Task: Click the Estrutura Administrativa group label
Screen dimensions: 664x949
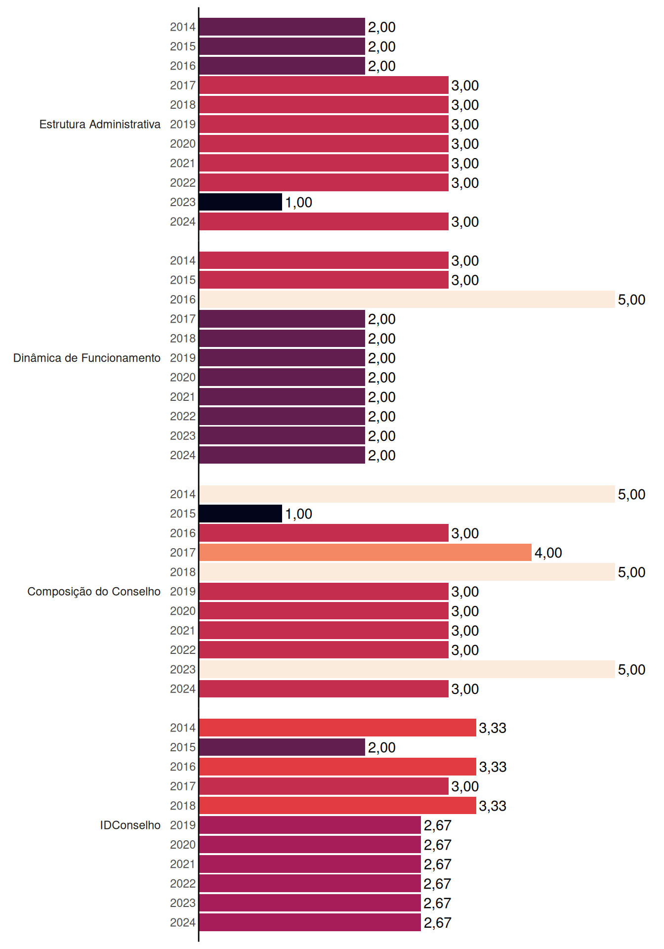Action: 100,124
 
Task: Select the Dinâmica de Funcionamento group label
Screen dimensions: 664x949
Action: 87,358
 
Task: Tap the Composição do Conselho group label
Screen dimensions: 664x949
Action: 94,592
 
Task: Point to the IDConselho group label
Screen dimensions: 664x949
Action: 130,825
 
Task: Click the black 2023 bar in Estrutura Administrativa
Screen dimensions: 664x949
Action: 241,202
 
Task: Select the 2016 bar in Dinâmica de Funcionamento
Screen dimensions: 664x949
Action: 407,300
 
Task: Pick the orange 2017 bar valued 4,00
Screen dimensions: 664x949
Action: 366,553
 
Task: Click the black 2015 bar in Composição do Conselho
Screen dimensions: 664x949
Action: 241,514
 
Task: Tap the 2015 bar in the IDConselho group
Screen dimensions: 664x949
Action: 282,747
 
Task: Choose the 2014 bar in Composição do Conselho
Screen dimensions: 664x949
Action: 407,494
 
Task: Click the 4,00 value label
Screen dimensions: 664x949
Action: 548,553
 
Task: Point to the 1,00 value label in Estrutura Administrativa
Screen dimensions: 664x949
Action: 299,203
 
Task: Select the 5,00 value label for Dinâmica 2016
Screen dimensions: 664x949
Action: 632,300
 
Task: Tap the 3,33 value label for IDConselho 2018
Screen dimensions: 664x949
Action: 493,806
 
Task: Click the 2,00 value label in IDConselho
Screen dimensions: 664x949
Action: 382,748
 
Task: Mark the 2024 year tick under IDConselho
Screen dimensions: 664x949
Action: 183,923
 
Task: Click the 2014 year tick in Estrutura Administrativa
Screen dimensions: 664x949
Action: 183,27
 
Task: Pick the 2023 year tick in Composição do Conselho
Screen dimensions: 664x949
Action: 183,670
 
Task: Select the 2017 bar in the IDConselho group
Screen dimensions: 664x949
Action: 324,786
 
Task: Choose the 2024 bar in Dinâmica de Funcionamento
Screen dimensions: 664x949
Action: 282,455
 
